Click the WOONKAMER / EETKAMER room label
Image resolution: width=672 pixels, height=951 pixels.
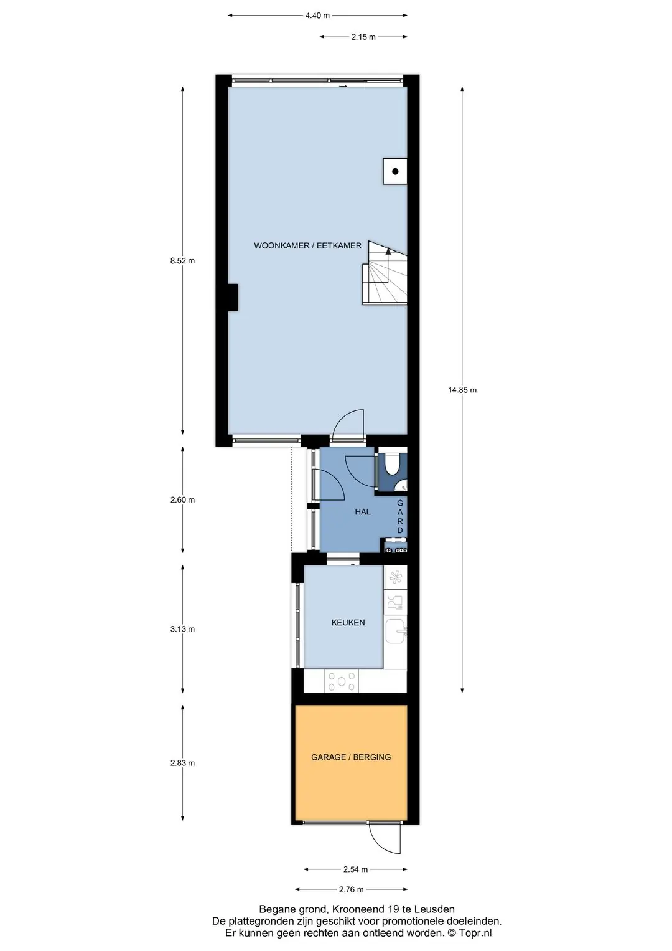point(307,245)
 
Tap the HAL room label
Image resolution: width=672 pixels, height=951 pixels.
point(363,512)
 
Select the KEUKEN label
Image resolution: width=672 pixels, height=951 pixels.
point(348,622)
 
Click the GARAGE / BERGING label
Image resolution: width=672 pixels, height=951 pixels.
point(351,757)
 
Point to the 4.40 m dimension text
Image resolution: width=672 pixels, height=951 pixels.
point(317,16)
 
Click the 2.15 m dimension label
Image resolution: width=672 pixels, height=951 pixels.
point(363,37)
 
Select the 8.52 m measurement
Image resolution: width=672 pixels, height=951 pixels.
point(182,261)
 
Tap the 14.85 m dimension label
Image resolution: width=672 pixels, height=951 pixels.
point(462,390)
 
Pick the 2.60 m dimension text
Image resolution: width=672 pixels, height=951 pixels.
point(182,499)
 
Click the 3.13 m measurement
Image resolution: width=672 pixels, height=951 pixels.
point(182,629)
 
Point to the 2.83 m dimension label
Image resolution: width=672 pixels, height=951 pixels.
point(182,763)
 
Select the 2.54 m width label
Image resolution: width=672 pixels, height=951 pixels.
point(355,869)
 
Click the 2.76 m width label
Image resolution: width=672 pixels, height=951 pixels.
point(352,889)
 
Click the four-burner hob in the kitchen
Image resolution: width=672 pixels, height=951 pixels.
point(342,681)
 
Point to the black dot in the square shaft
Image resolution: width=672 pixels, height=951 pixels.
point(395,171)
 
